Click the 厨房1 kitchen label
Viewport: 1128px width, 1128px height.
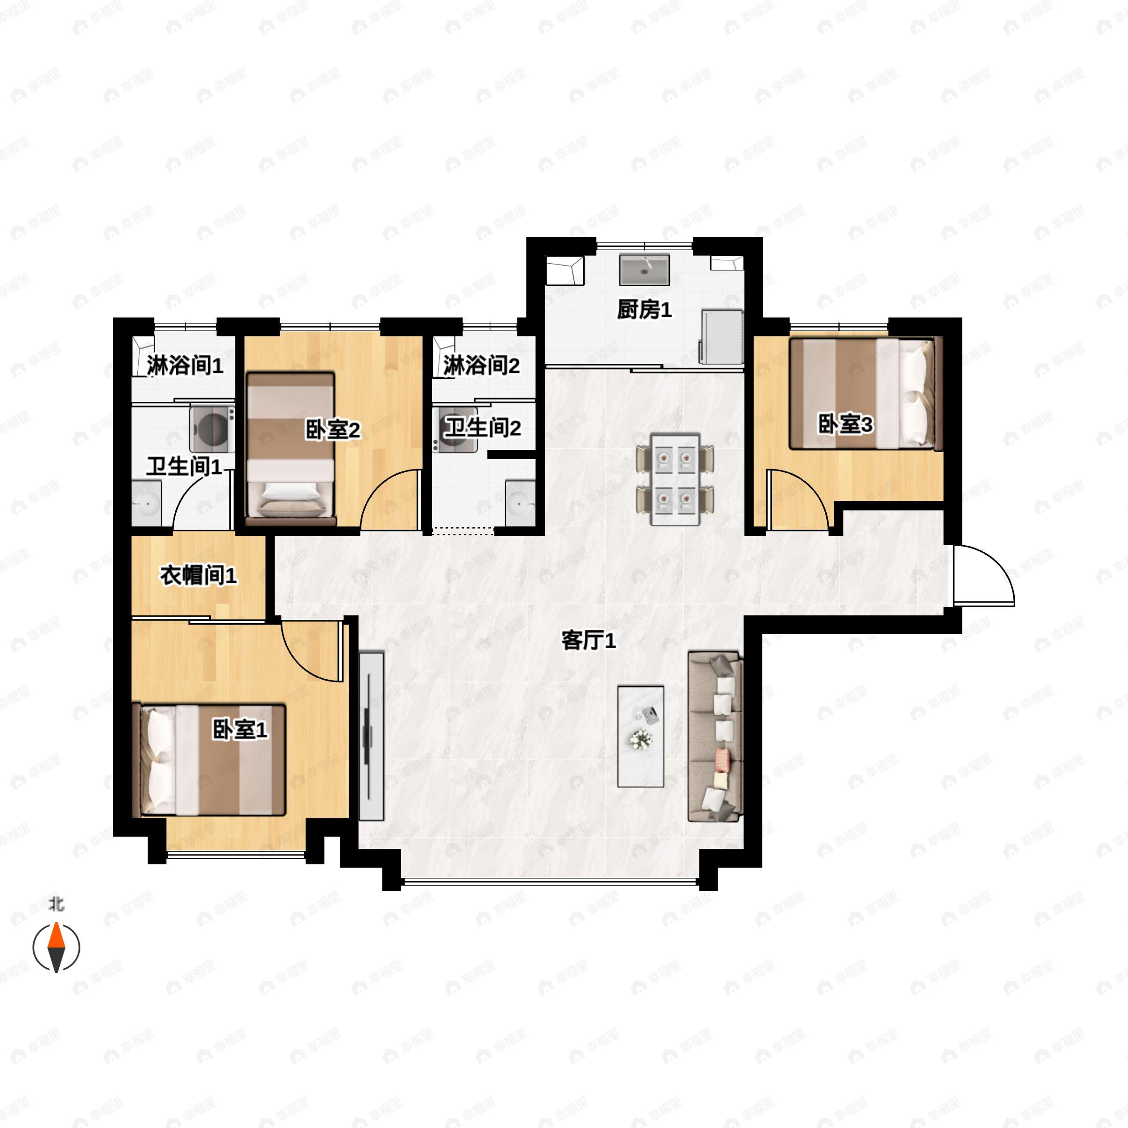(x=644, y=310)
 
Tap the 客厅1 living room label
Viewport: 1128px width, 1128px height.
(x=588, y=641)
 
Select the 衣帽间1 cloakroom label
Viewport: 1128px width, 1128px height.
(x=198, y=576)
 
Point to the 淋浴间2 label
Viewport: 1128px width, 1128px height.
(x=481, y=366)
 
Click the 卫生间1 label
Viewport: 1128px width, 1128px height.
(x=184, y=467)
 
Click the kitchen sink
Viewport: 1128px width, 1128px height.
(x=644, y=270)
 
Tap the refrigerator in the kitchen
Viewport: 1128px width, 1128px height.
(x=721, y=337)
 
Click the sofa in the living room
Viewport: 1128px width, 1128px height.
(x=715, y=737)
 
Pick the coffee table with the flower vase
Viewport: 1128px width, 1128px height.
(x=641, y=736)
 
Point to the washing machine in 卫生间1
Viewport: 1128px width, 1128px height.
(x=212, y=430)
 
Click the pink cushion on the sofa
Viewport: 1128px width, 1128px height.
(x=722, y=759)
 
